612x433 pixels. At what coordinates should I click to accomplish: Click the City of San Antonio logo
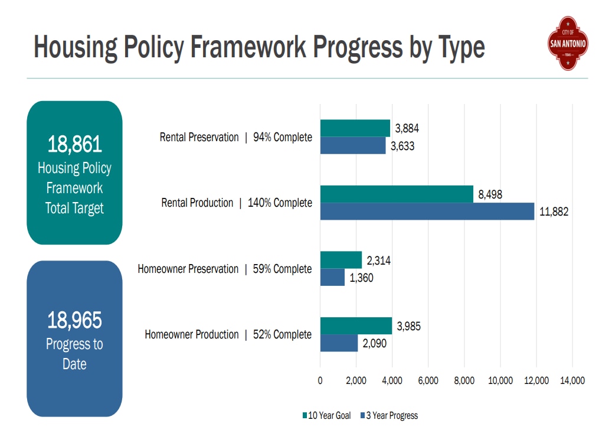[x=568, y=43]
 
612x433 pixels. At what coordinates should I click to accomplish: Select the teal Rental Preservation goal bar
[x=355, y=128]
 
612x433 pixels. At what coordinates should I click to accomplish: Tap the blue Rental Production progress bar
[x=427, y=211]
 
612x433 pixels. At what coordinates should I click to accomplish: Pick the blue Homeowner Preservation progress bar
[x=332, y=277]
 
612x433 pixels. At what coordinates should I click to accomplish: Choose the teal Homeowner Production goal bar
[x=356, y=326]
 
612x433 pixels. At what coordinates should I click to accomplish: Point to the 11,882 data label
[x=554, y=211]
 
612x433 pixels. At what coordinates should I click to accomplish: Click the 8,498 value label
[x=490, y=194]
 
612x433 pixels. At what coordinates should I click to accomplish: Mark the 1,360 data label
[x=361, y=278]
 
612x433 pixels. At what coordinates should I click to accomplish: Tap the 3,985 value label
[x=408, y=326]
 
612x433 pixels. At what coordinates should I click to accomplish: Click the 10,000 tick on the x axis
[x=500, y=380]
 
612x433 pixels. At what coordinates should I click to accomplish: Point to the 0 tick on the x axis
[x=320, y=380]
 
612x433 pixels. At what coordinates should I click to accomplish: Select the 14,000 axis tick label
[x=572, y=380]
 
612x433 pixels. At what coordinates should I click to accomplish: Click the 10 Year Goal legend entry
[x=326, y=415]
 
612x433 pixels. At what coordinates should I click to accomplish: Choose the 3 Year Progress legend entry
[x=389, y=415]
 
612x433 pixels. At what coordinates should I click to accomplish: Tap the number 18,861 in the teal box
[x=74, y=144]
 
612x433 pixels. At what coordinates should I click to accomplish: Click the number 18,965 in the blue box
[x=74, y=320]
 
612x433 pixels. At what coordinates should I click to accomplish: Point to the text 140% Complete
[x=280, y=203]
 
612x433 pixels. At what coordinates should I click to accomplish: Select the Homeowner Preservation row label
[x=188, y=269]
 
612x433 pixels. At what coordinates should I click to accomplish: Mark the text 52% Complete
[x=282, y=334]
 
